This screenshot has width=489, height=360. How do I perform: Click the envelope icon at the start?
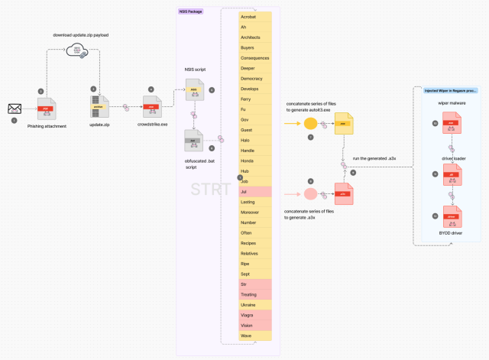tap(15, 109)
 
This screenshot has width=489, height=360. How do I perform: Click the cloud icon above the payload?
tap(78, 53)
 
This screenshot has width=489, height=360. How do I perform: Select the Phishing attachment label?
tap(47, 125)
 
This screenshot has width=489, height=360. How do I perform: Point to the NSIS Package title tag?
tap(189, 11)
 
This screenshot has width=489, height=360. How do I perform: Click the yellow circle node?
tap(310, 123)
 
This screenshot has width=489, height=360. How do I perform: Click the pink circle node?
tap(310, 194)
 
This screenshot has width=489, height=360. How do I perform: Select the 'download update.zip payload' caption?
tap(79, 35)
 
